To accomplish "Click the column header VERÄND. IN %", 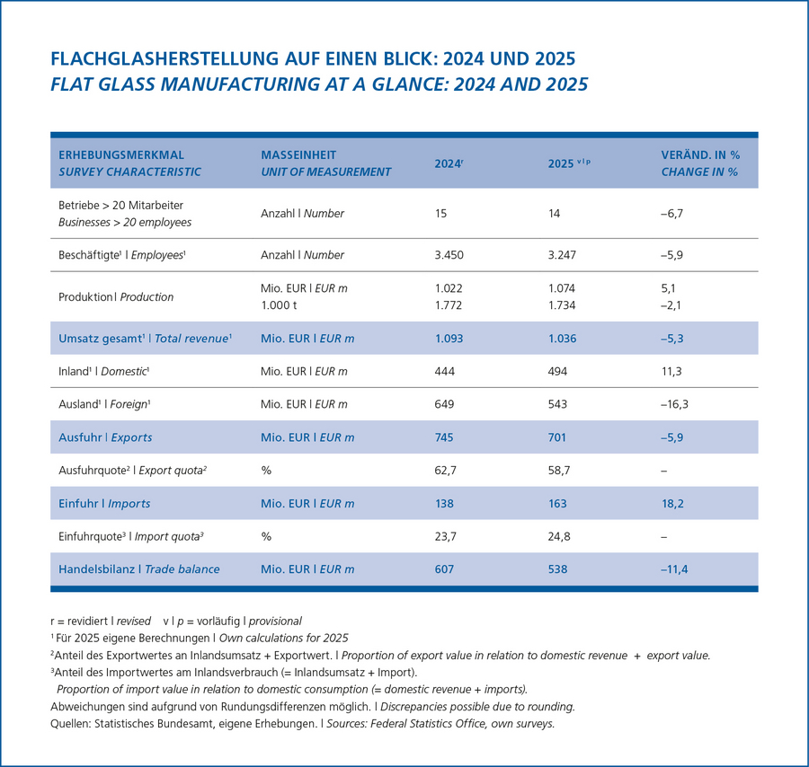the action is coord(700,154).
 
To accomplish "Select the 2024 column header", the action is coord(449,163).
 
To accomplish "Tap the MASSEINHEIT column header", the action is coord(298,154).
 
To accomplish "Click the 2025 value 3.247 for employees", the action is coord(562,255).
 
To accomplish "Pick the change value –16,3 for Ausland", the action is coord(674,404).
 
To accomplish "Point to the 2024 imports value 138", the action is coord(444,503).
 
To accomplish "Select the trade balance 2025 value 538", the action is coord(557,569).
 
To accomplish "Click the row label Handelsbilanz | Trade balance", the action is coord(138,569).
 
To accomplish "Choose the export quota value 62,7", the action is coord(445,470).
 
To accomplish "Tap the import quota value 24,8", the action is coord(559,536).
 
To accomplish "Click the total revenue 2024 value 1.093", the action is coord(449,338).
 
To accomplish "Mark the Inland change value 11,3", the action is coord(671,371).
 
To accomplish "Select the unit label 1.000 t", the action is coord(279,305).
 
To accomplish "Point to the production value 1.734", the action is coord(561,305).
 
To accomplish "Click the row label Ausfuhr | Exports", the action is coord(105,437).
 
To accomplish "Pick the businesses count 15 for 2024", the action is coord(440,214).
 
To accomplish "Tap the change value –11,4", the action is coord(674,569).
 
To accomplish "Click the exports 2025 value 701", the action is coord(556,437).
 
